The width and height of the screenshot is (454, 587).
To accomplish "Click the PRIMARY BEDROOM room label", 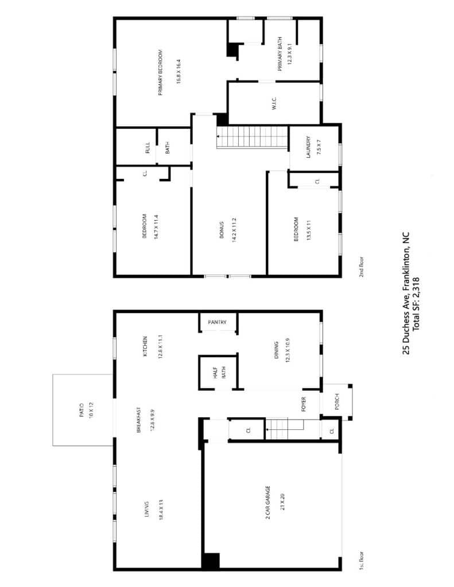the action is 161,73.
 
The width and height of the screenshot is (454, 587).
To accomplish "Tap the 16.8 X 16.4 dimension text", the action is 179,71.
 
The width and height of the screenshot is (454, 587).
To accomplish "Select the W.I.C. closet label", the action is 274,104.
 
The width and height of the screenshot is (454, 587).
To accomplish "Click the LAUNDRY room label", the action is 308,147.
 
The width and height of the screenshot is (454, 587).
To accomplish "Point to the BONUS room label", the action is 221,230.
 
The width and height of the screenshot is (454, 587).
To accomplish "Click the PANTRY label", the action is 217,322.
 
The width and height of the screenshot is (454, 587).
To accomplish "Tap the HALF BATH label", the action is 219,373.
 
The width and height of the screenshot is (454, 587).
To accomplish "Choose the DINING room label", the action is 276,350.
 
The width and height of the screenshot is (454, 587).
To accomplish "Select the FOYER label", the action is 304,404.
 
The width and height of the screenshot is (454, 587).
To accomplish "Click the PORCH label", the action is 337,401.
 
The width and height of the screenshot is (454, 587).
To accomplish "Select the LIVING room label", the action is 146,510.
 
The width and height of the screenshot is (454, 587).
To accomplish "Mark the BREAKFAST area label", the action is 138,420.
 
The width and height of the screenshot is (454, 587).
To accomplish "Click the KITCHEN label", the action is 145,346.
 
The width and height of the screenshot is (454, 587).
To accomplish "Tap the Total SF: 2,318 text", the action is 416,304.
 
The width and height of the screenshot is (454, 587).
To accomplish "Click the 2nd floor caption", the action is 362,267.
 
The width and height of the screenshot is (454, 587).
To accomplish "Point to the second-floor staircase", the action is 252,138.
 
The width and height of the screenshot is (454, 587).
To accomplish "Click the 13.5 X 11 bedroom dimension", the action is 309,230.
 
